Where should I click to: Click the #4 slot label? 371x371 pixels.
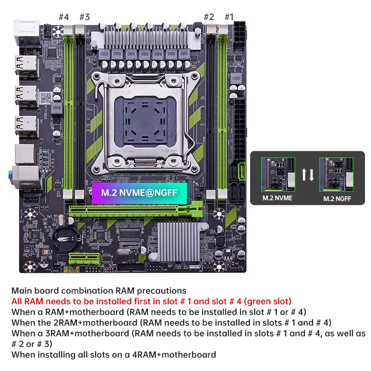[x=64, y=17]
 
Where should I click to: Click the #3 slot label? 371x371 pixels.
[x=85, y=17]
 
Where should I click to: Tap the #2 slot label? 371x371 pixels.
[x=209, y=17]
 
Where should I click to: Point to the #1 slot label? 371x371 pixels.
[x=229, y=17]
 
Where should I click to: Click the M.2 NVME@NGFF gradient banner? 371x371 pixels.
[x=140, y=193]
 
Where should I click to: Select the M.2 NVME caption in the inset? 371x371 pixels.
[x=277, y=198]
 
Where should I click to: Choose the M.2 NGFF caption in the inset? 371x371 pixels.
[x=337, y=199]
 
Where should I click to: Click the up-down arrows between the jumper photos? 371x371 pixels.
[x=307, y=175]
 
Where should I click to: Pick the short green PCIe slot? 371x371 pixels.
[x=84, y=259]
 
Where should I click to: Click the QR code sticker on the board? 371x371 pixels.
[x=46, y=98]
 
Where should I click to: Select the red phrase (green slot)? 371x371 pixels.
[x=268, y=301]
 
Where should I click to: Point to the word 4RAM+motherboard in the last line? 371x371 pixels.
[x=174, y=354]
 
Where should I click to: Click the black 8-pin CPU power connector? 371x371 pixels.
[x=240, y=35]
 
